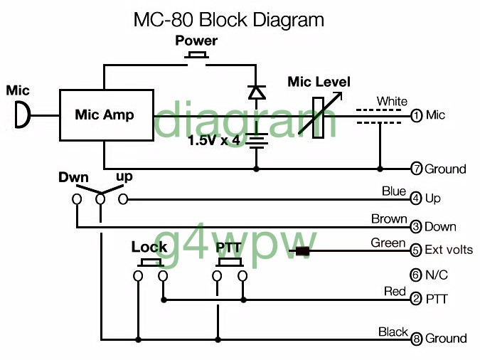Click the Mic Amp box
[x=105, y=115]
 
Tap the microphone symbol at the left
[x=23, y=115]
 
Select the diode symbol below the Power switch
[x=256, y=92]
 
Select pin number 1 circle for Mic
[x=416, y=115]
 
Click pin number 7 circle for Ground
[x=416, y=169]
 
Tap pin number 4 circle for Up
[x=416, y=199]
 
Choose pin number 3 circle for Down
[x=416, y=227]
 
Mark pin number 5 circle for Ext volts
[x=416, y=250]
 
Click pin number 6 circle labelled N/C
[x=416, y=275]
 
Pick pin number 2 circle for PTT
[x=416, y=300]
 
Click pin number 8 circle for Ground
[x=416, y=339]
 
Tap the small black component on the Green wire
[x=303, y=250]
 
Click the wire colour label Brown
[x=388, y=219]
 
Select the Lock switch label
[x=149, y=248]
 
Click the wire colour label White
[x=392, y=102]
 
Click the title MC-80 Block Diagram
[x=228, y=19]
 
